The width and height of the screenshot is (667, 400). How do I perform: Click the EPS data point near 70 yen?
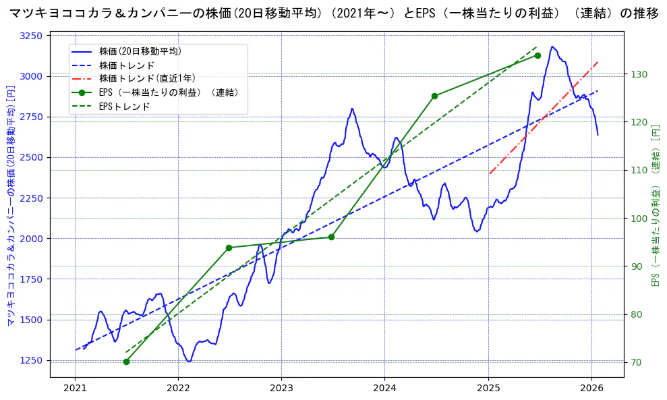click(x=126, y=362)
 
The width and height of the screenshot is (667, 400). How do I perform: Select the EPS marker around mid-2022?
click(x=229, y=248)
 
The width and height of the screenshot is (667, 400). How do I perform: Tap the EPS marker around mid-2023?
click(x=331, y=237)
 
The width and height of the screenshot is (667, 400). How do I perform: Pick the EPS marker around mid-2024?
click(x=434, y=96)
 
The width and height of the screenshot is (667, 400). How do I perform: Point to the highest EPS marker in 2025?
click(x=538, y=55)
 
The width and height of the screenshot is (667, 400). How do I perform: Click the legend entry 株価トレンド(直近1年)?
click(x=145, y=78)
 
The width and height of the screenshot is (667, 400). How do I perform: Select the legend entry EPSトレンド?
click(x=124, y=107)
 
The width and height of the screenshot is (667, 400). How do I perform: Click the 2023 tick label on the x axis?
click(x=281, y=389)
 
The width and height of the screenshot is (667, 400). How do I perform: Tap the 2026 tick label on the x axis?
click(x=591, y=389)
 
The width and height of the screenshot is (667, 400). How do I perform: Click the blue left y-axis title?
click(x=10, y=206)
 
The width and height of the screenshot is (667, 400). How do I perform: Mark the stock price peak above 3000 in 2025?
click(x=552, y=47)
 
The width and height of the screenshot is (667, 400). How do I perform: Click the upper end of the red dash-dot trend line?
click(x=598, y=62)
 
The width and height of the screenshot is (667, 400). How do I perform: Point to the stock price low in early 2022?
click(x=189, y=362)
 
